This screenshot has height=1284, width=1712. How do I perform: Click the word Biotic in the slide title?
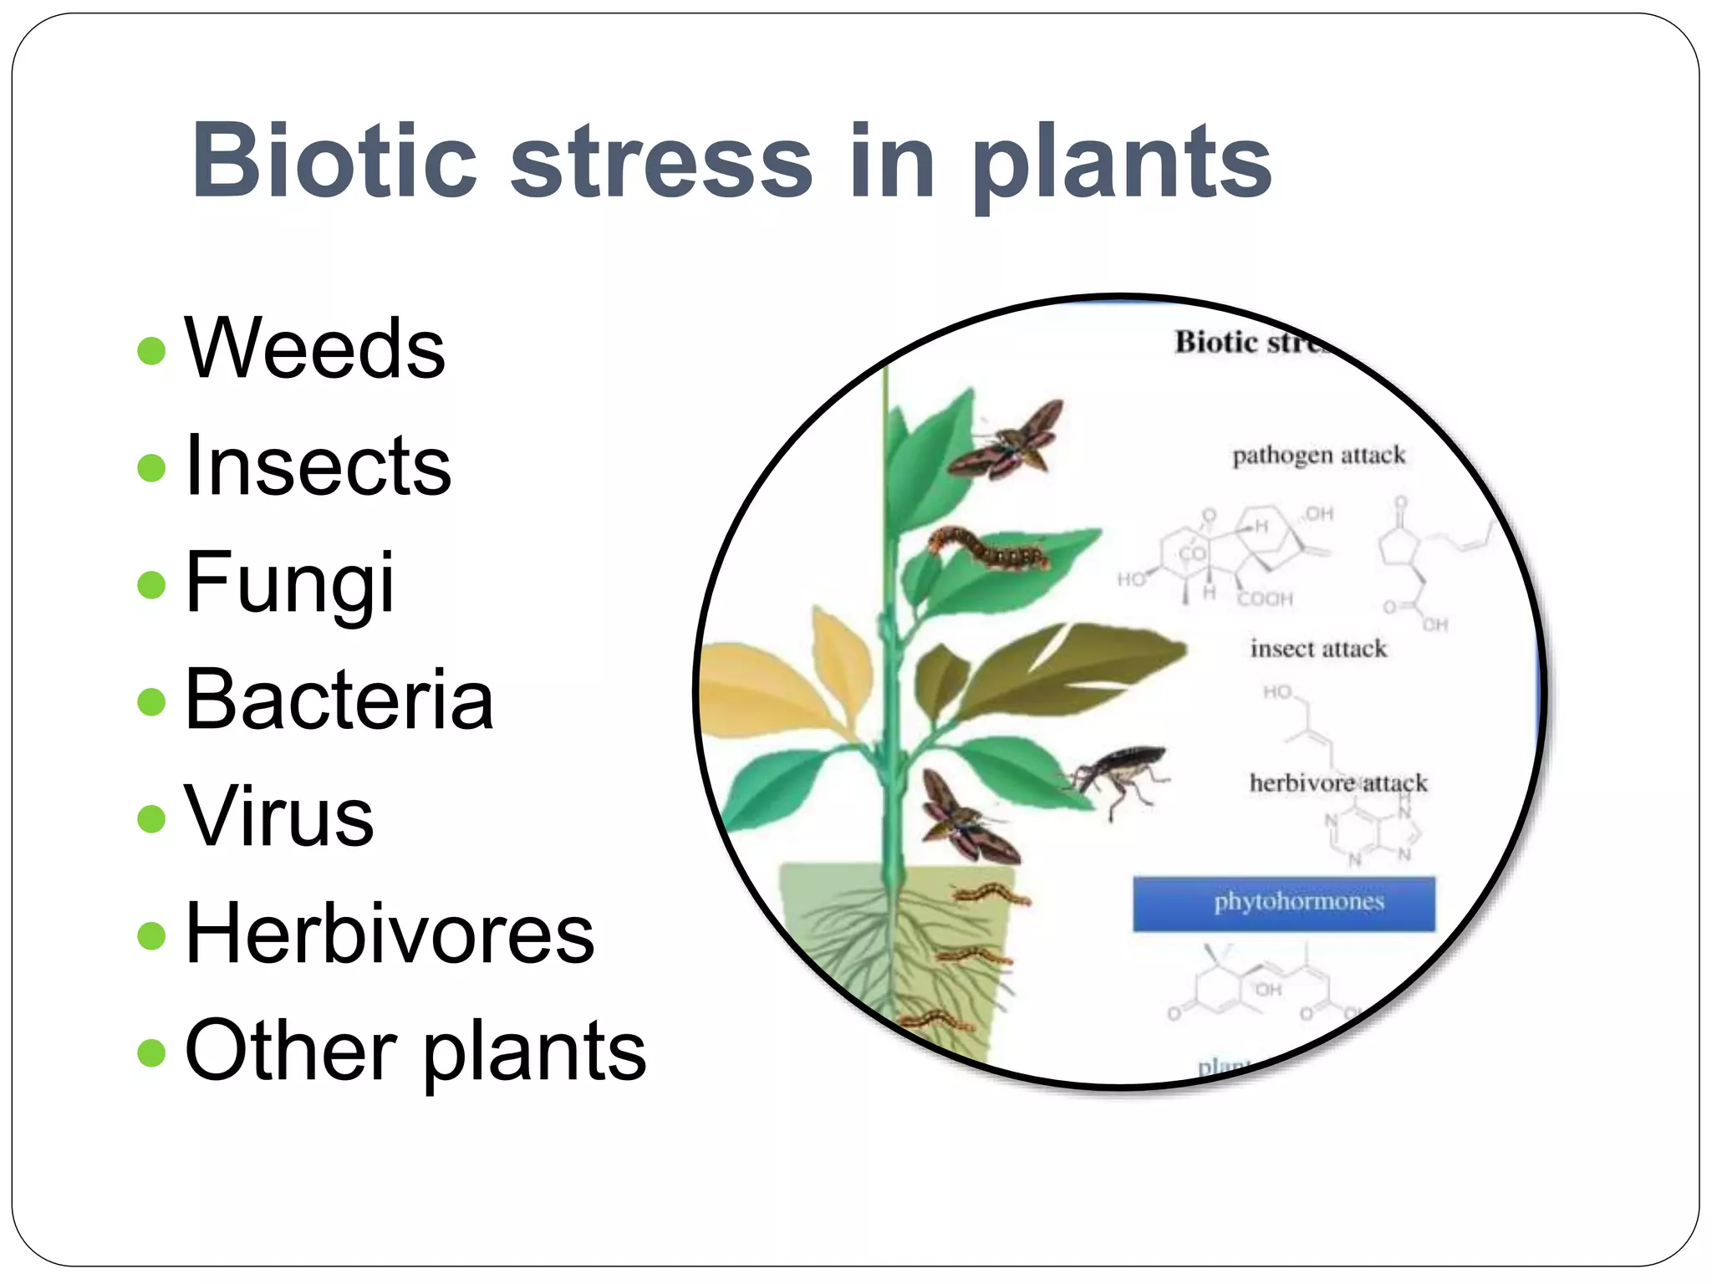click(334, 160)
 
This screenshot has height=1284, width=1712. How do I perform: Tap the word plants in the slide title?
click(1120, 163)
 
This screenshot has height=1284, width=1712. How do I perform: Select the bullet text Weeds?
click(315, 349)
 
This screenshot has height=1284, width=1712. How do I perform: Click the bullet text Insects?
click(318, 466)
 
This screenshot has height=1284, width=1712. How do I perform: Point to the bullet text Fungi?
click(289, 583)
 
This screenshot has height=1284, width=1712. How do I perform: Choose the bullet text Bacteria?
click(339, 700)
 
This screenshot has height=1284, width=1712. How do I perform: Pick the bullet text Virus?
click(279, 817)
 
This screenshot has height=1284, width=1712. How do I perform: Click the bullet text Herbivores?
click(390, 934)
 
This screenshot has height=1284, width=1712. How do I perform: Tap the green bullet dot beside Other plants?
click(151, 1052)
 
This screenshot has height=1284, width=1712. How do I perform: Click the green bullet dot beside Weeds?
click(151, 350)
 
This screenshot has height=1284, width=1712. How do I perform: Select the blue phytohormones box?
click(1284, 904)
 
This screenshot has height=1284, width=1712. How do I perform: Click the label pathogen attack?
click(1318, 456)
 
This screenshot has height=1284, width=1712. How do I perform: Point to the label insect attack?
click(1317, 649)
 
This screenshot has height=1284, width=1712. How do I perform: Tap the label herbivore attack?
click(1337, 783)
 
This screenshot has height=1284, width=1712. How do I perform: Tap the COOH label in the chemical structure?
click(1265, 599)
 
